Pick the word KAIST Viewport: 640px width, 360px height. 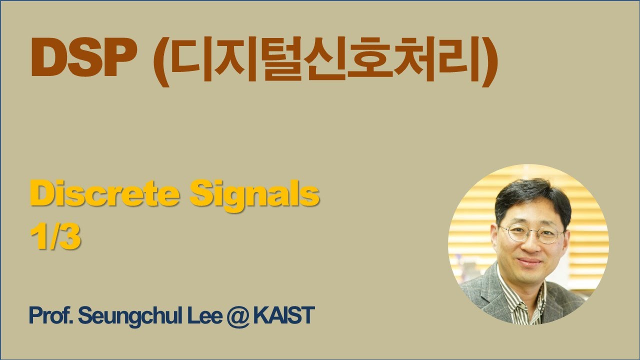point(283,316)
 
